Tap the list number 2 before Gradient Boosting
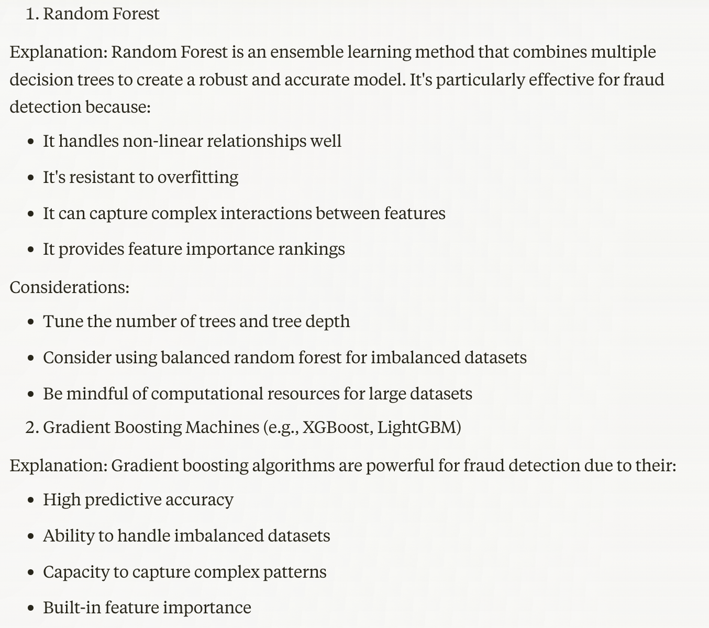tap(31, 427)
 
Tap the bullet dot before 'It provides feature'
tap(31, 250)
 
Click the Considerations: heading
tap(69, 287)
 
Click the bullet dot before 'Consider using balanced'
tap(31, 358)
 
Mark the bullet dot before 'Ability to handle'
tap(31, 536)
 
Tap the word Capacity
tap(77, 572)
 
